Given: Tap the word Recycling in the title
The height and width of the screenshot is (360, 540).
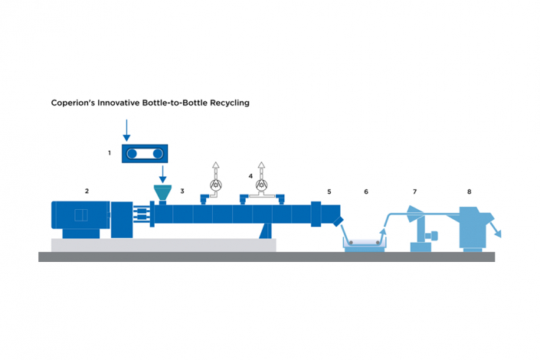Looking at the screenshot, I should [229, 101].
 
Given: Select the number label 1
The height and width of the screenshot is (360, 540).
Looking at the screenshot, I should [110, 153].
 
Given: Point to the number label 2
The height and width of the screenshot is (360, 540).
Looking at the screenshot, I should [87, 190].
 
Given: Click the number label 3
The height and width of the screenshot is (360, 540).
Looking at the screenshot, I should [182, 190].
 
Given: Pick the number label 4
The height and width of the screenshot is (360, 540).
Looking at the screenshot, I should [250, 175].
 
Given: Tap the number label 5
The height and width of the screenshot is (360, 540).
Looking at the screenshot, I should [329, 190].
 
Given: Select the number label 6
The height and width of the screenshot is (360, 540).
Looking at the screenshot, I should [366, 190].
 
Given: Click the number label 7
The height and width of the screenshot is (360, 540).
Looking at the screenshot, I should [414, 190].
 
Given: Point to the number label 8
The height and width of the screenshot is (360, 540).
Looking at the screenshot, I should [468, 190].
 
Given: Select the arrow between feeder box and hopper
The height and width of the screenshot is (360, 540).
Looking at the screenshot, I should [162, 174].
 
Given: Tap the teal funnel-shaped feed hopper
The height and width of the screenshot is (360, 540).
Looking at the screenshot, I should [162, 193].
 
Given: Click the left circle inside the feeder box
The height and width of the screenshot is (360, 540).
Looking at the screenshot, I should [133, 154].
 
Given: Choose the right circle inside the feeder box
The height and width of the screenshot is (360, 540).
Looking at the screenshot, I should [158, 154].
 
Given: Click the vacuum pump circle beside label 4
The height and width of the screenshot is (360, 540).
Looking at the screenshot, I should [263, 185].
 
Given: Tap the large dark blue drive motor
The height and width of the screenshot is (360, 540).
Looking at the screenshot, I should [80, 219].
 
